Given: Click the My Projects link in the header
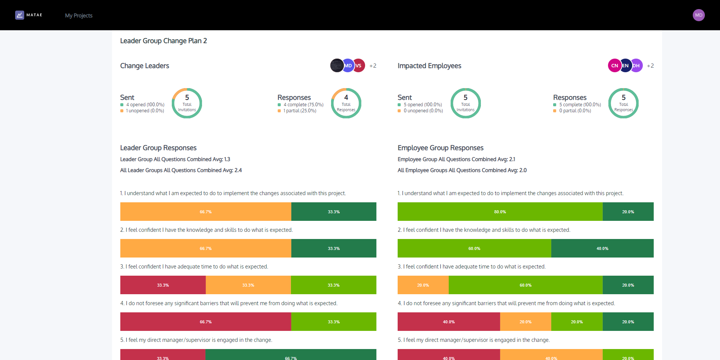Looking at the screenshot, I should click(79, 16).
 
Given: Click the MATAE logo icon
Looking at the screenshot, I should click(20, 15).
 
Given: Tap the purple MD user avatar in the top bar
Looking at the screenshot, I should click(698, 15).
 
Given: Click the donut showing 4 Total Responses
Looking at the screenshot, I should click(346, 103).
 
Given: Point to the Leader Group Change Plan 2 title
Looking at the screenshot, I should click(163, 41).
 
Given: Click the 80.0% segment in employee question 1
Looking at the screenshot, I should click(500, 212).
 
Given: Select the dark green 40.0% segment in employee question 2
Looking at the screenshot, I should click(602, 248).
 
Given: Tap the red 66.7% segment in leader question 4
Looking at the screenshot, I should click(205, 322).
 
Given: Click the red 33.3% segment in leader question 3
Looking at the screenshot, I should click(163, 285).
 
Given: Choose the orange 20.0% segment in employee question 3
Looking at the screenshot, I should click(423, 285).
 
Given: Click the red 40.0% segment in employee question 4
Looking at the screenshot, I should click(449, 322).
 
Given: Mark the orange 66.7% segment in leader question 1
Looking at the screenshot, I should click(205, 212).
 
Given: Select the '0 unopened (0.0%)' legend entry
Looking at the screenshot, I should click(423, 111).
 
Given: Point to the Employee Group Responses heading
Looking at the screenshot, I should click(440, 148).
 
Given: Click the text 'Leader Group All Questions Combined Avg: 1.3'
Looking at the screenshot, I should click(175, 160).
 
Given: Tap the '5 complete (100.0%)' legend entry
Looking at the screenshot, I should click(580, 105).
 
